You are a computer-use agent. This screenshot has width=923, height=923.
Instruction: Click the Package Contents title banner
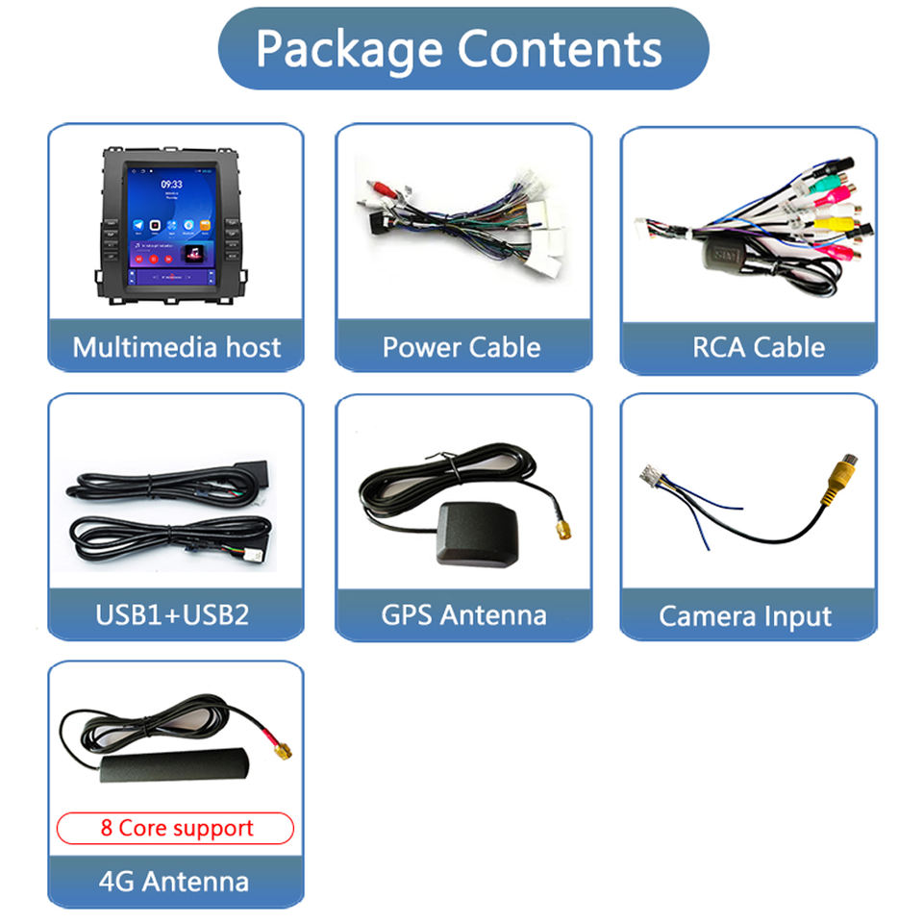pos(461,49)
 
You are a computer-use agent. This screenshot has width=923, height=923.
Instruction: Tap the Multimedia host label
pos(176,347)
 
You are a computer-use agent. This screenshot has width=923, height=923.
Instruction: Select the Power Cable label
pos(461,347)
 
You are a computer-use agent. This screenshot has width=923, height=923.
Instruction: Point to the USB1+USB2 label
pos(172,614)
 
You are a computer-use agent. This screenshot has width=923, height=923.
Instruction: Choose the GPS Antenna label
pos(463,614)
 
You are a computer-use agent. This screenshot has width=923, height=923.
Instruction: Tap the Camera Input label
pos(745,615)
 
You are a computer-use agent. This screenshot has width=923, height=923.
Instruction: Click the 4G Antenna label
pos(173,881)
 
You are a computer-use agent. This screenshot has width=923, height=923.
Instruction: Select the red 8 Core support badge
pos(176,828)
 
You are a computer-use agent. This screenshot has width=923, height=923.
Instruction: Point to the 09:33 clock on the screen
pos(171,184)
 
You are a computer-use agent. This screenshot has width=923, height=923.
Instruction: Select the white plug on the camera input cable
pos(653,475)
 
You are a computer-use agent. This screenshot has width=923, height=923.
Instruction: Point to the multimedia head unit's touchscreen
pos(171,224)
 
